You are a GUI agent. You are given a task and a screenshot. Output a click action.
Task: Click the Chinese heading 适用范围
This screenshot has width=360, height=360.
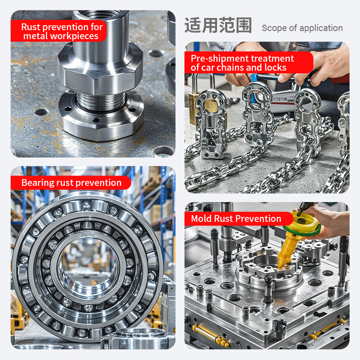218,25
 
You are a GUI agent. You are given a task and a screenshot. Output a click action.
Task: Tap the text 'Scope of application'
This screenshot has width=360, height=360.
302,28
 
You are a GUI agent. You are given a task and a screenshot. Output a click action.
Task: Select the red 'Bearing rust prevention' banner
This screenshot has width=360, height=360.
71,183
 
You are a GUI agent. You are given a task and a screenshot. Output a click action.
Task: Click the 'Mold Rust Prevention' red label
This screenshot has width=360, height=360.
239,219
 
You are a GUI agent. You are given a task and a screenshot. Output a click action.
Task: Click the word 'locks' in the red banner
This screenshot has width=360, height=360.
275,67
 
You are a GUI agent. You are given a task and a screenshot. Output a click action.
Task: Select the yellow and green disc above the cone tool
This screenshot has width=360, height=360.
302,224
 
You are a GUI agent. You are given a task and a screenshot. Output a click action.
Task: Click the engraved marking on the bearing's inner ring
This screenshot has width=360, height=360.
88,235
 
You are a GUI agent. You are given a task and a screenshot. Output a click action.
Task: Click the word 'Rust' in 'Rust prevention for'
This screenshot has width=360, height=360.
31,27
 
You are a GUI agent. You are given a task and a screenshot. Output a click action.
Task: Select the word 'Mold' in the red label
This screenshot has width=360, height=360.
201,219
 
